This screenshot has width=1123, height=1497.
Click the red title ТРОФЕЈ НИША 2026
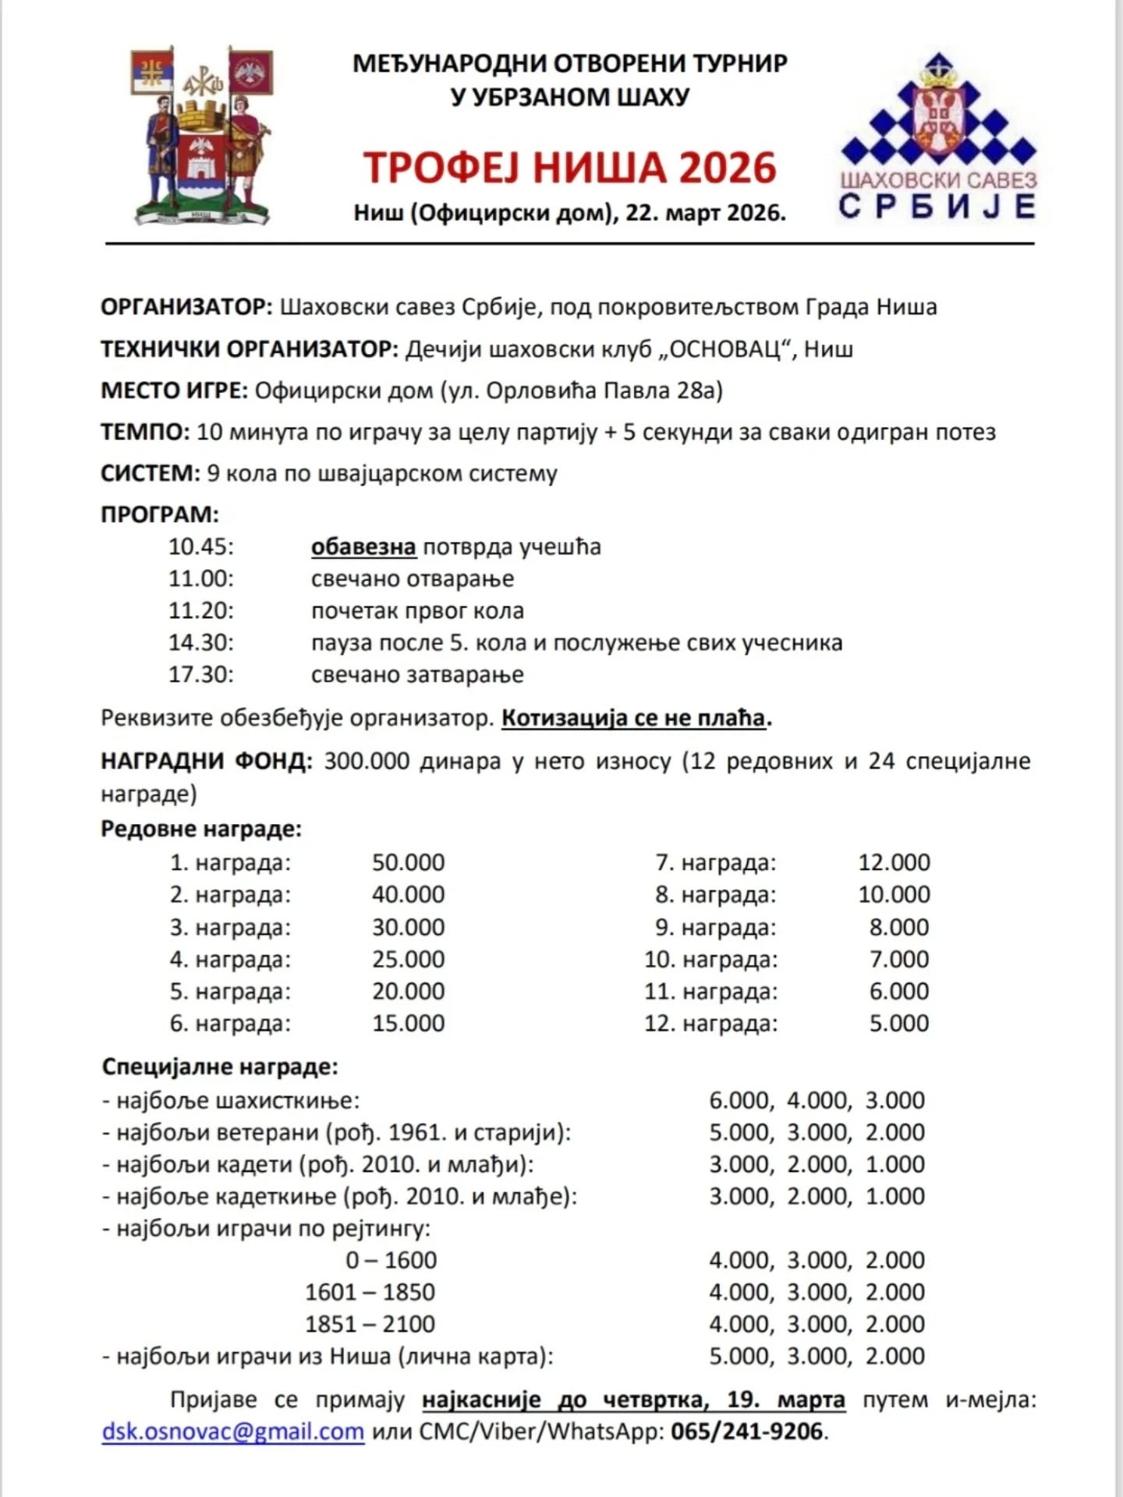click(570, 168)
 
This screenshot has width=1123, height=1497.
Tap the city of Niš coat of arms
click(203, 136)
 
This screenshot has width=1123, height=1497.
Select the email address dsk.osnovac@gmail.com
click(233, 1432)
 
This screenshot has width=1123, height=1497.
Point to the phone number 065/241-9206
click(746, 1432)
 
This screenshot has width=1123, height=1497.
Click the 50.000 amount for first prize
click(408, 862)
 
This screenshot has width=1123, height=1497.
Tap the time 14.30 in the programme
click(200, 642)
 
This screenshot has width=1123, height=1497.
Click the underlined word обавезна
click(363, 547)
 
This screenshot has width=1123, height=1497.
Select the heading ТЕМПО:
click(145, 432)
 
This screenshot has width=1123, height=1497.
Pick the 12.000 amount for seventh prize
click(894, 862)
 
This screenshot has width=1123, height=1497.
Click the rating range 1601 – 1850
click(370, 1292)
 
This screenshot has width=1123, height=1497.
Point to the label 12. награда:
click(710, 1023)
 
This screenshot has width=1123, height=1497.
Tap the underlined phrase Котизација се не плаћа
click(633, 717)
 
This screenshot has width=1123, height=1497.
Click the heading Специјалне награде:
click(220, 1066)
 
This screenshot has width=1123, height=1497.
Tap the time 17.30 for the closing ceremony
click(200, 674)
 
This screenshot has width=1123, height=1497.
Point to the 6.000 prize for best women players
click(739, 1100)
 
